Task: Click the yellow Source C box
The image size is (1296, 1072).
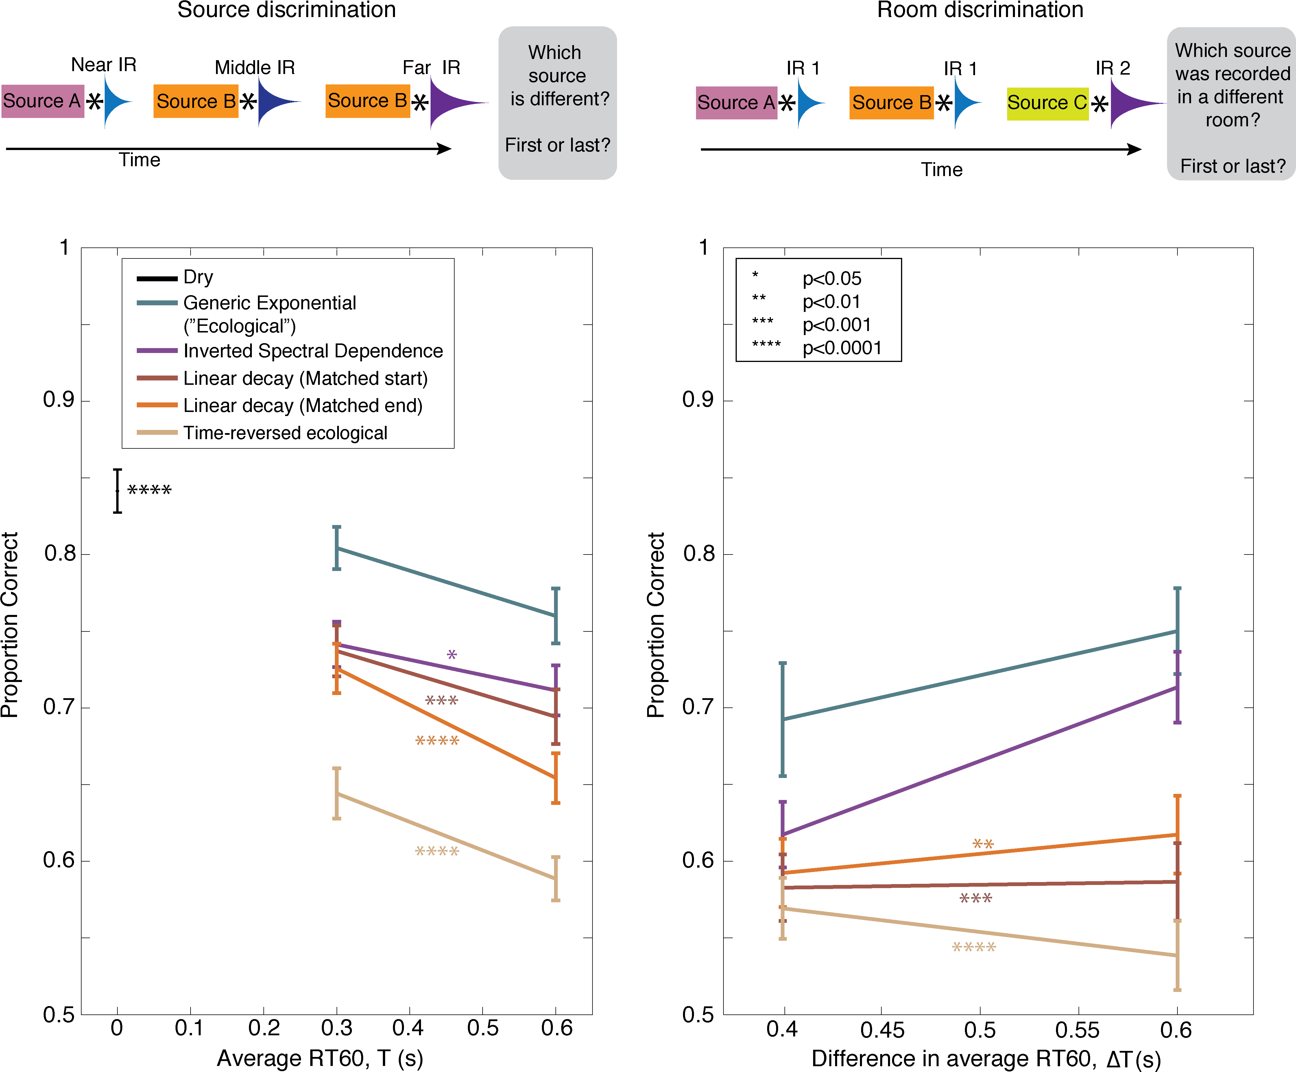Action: pos(1047,103)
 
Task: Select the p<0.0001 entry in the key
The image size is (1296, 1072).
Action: pos(842,348)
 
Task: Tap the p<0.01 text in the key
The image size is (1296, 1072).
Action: pos(831,302)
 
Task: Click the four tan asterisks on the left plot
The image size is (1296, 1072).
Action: pos(437,852)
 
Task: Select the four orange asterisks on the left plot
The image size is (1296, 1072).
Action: pos(437,741)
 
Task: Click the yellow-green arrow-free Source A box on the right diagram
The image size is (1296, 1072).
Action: pos(736,103)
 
